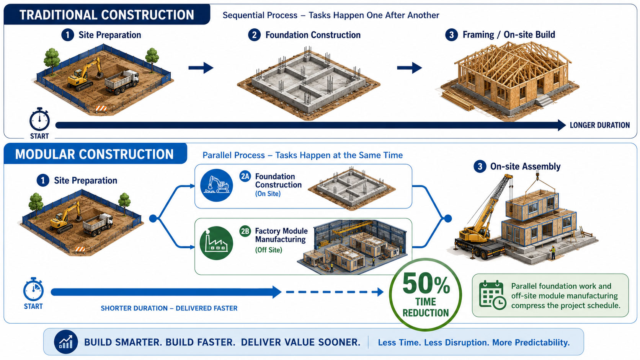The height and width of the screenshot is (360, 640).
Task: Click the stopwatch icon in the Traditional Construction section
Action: pyautogui.click(x=39, y=119)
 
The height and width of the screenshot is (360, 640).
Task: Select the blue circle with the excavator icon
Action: pyautogui.click(x=216, y=185)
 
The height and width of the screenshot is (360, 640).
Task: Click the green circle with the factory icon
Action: pyautogui.click(x=216, y=243)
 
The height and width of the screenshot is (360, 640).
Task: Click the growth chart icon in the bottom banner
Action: pyautogui.click(x=66, y=342)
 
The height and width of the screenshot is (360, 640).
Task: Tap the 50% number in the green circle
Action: pyautogui.click(x=426, y=284)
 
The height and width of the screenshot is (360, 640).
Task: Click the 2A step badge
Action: pyautogui.click(x=245, y=176)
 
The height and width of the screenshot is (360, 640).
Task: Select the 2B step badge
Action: pyautogui.click(x=245, y=231)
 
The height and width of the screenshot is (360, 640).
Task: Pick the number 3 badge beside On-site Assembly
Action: pyautogui.click(x=480, y=166)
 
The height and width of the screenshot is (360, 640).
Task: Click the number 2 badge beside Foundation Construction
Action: pyautogui.click(x=254, y=35)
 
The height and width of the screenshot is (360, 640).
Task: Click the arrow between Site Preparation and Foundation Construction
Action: pyautogui.click(x=201, y=68)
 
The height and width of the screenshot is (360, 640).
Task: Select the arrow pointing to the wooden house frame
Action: pyautogui.click(x=410, y=68)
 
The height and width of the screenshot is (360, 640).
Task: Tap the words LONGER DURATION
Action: pyautogui.click(x=600, y=125)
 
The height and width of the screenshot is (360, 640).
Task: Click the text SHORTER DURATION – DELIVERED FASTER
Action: pyautogui.click(x=169, y=308)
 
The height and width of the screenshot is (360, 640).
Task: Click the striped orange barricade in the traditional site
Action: pyautogui.click(x=101, y=109)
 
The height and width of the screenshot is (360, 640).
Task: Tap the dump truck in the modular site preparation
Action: pyautogui.click(x=98, y=224)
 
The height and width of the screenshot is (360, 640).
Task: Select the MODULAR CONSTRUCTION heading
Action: pyautogui.click(x=94, y=154)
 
